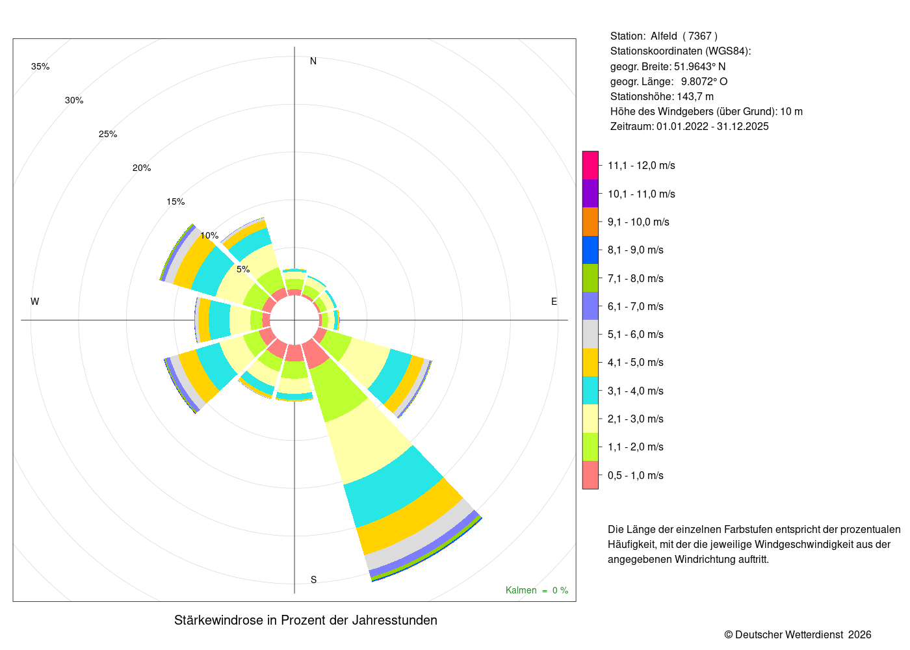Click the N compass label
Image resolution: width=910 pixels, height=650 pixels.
point(313,61)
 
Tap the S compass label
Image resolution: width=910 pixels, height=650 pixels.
point(313,580)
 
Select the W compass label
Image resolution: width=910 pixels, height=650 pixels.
point(35,302)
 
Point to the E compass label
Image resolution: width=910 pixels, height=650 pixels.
point(554,302)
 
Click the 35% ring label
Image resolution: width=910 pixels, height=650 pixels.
point(40,66)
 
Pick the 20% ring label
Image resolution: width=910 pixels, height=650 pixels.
point(142,168)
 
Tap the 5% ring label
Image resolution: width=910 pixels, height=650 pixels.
point(243,269)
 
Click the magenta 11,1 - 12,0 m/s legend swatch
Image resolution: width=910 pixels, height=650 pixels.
point(590,165)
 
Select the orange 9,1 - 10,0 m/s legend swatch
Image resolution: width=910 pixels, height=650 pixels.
point(590,222)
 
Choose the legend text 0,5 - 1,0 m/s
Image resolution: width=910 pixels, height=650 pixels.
point(636,475)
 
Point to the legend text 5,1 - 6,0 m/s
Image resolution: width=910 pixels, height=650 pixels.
point(636,334)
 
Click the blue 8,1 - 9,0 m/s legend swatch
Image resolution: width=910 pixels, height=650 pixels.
point(590,250)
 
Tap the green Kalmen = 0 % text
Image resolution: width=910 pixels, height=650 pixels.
point(537,590)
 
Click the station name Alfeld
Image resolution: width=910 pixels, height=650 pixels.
point(664,36)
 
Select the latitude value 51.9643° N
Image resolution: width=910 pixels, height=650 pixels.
point(699,66)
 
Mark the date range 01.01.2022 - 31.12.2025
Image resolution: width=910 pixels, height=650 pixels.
point(712,126)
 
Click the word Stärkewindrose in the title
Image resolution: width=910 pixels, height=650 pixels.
point(218,620)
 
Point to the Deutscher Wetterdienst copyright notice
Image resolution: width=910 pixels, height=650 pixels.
point(798,634)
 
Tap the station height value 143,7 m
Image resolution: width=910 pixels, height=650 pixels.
point(695,97)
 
